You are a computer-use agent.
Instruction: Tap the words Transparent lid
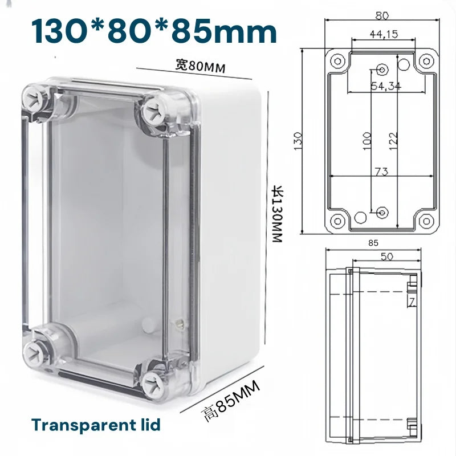[96, 425]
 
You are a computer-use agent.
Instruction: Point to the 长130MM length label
[276, 217]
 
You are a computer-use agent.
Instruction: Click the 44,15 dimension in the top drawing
[384, 34]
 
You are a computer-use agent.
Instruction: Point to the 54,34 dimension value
[386, 86]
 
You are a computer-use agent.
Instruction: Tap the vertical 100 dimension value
[367, 140]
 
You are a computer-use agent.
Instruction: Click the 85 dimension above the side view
[373, 243]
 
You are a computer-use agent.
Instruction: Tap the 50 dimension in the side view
[387, 257]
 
